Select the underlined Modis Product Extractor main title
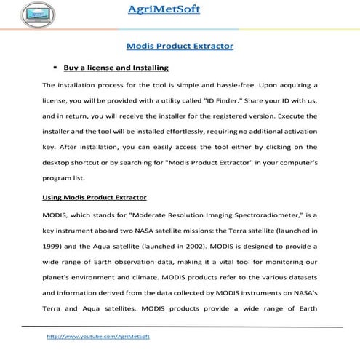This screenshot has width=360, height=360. [180, 46]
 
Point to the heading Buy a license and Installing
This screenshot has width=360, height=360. [116, 68]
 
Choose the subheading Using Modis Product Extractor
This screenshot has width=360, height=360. [95, 197]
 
